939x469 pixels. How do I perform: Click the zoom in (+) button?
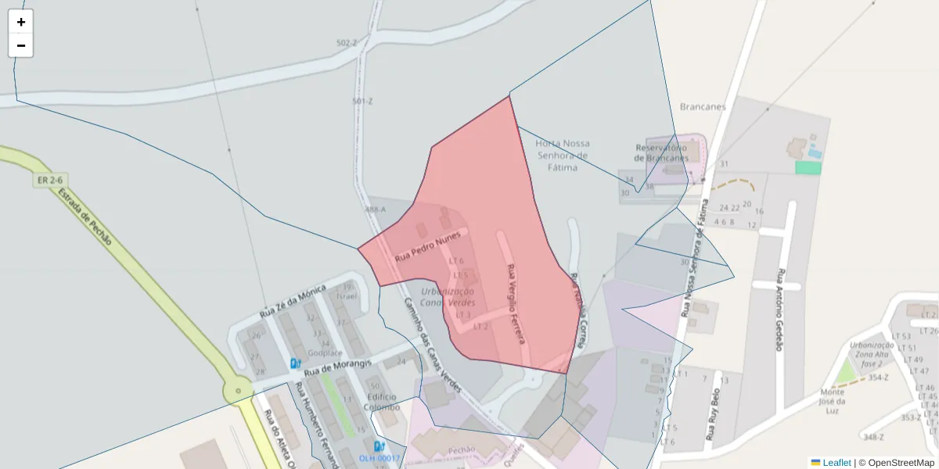[x=21, y=22]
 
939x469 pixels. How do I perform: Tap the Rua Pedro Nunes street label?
[x=427, y=246]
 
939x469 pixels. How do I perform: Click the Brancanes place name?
[x=703, y=106]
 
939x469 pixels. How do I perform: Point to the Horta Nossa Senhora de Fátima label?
[x=563, y=155]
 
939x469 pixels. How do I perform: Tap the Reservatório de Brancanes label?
[x=662, y=152]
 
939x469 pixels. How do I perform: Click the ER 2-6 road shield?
[x=48, y=181]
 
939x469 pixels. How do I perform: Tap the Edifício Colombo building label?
[x=383, y=402]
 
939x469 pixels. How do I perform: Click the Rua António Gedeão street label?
[x=779, y=310]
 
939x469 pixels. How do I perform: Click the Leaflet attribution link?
[x=836, y=463]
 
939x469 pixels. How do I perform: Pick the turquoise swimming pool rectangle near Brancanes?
[x=808, y=167]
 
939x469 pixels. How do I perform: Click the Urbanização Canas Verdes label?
[x=448, y=296]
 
